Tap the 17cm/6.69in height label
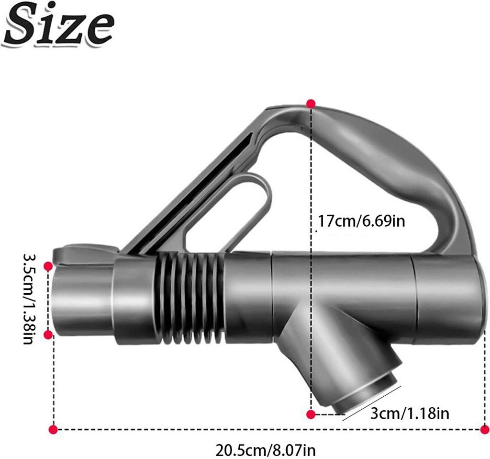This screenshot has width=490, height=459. [361, 221]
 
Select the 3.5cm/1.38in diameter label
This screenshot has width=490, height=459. [29, 298]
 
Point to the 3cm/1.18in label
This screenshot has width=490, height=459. [410, 413]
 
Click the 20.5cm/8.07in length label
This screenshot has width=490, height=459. [265, 450]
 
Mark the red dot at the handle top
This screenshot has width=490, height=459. [311, 104]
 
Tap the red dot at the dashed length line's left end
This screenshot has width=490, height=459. [54, 430]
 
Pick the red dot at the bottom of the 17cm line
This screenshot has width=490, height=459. [311, 414]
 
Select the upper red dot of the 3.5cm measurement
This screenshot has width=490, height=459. [48, 266]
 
